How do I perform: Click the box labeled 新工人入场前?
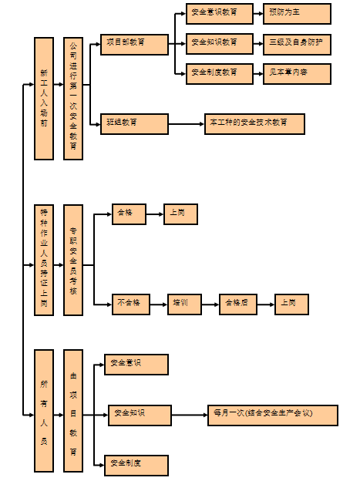[x=44, y=99]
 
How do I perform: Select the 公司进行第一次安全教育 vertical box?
[x=73, y=99]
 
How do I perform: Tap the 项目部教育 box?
[x=134, y=44]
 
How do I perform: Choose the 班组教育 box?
[x=134, y=124]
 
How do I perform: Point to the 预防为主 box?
[x=296, y=14]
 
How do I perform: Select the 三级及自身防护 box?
[x=296, y=44]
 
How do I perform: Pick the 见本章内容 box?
[x=296, y=74]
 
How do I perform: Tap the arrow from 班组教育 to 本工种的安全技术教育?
[x=186, y=124]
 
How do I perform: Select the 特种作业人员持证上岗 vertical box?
[x=44, y=260]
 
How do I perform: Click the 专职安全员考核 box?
[x=73, y=260]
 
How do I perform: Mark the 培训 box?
[x=184, y=304]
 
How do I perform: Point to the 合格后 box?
[x=237, y=304]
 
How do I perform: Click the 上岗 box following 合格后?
[x=291, y=304]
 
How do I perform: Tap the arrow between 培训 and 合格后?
[x=210, y=304]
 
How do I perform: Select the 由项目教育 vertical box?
[x=73, y=410]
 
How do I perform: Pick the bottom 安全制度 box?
[x=136, y=465]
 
